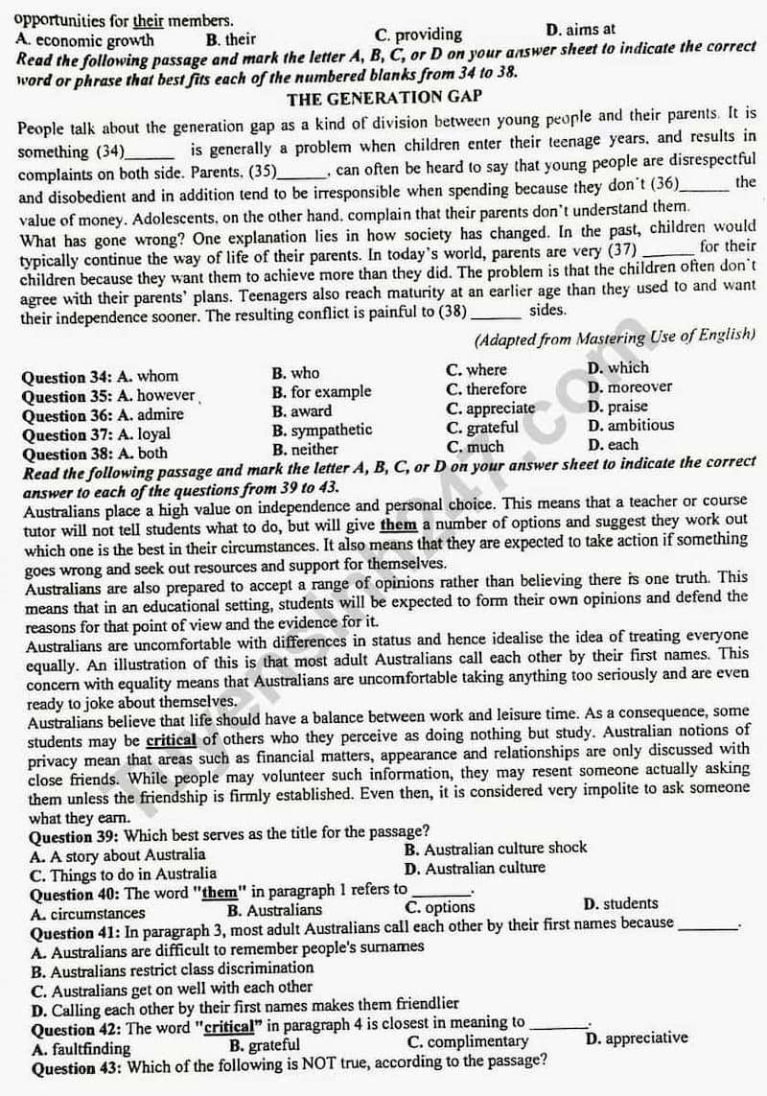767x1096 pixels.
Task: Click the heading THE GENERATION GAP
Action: pyautogui.click(x=383, y=97)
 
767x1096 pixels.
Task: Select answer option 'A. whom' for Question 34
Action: pyautogui.click(x=148, y=377)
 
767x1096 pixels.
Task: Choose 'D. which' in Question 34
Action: pyautogui.click(x=617, y=367)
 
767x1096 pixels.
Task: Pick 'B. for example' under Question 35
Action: pyautogui.click(x=321, y=391)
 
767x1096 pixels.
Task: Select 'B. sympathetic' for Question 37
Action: pyautogui.click(x=321, y=430)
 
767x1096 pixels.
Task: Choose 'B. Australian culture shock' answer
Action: pyautogui.click(x=495, y=849)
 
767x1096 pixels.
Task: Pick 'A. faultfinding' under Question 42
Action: pyautogui.click(x=81, y=1048)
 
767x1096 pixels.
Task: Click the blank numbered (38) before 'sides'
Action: pyautogui.click(x=497, y=312)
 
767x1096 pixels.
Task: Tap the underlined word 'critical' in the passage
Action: pyautogui.click(x=171, y=740)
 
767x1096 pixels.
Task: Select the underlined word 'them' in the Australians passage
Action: pyautogui.click(x=398, y=525)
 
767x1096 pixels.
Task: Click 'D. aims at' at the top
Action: pyautogui.click(x=580, y=30)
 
